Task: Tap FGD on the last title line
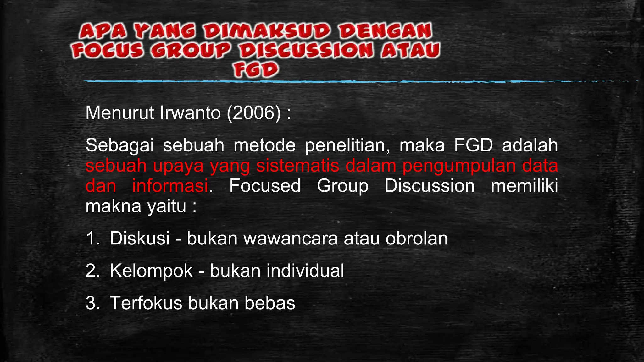click(256, 70)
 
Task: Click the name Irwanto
click(191, 113)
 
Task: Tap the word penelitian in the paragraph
click(347, 145)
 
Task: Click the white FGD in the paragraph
click(473, 145)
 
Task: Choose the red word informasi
click(170, 186)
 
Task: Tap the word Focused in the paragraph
click(265, 186)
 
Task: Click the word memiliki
click(524, 186)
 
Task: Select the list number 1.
click(92, 238)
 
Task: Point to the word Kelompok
click(151, 271)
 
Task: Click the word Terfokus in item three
click(146, 303)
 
